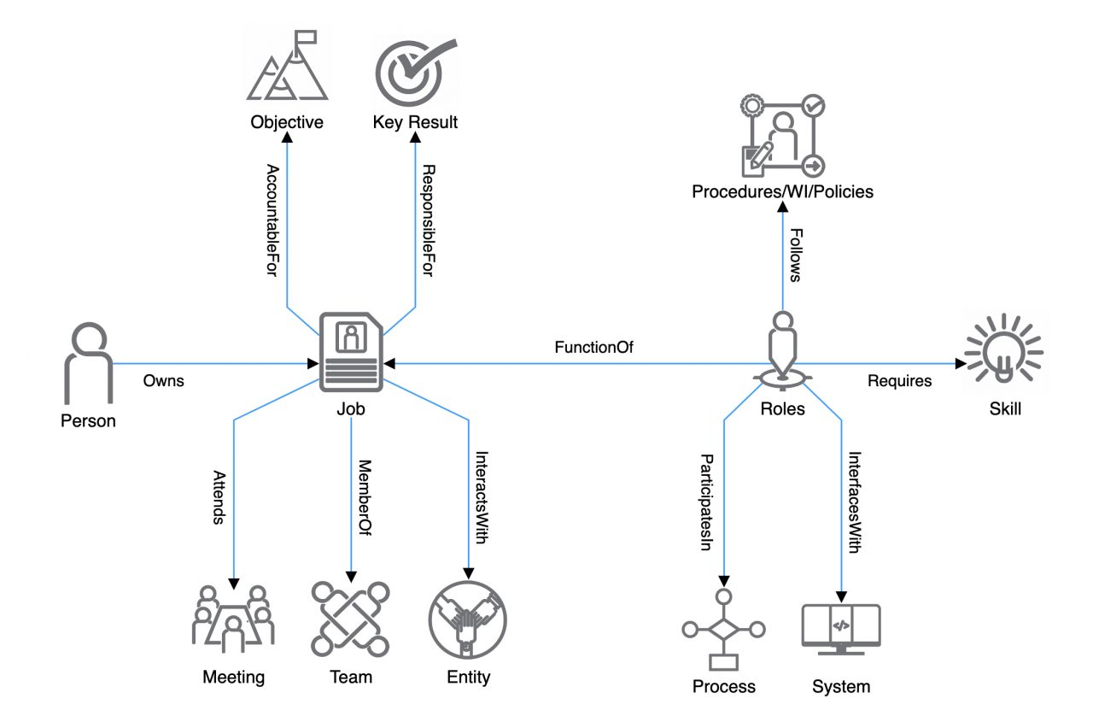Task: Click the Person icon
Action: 89,362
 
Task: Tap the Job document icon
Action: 351,351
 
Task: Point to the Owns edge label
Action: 163,381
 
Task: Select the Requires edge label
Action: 899,381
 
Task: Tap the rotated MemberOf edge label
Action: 364,497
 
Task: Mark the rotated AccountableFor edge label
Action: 272,220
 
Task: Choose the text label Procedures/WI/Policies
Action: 782,192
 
